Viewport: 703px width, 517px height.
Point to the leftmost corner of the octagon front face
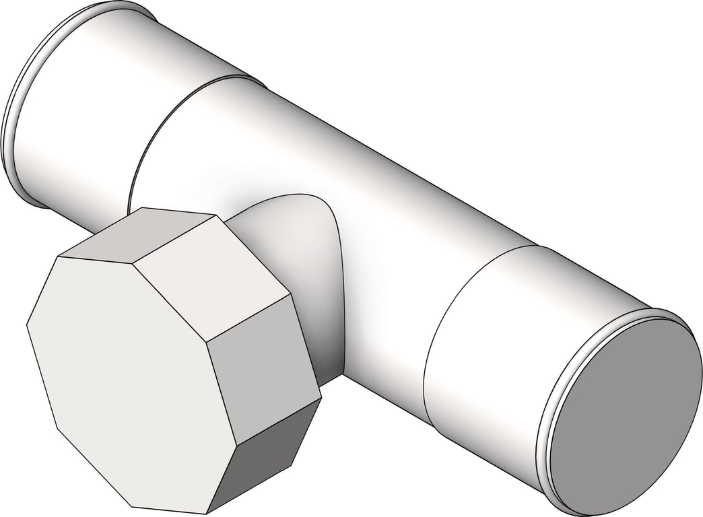(x=27, y=325)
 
